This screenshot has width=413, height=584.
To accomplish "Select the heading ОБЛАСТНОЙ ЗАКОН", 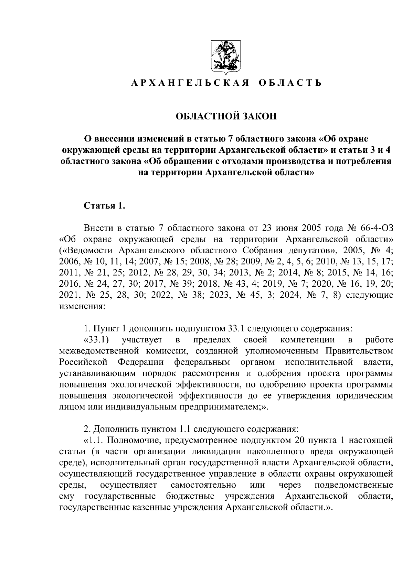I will [x=226, y=116].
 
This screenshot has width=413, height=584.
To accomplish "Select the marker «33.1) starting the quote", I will [x=97, y=340].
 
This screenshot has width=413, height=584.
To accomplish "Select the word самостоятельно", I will [x=203, y=485].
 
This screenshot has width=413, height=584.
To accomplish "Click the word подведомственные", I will [x=354, y=485].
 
